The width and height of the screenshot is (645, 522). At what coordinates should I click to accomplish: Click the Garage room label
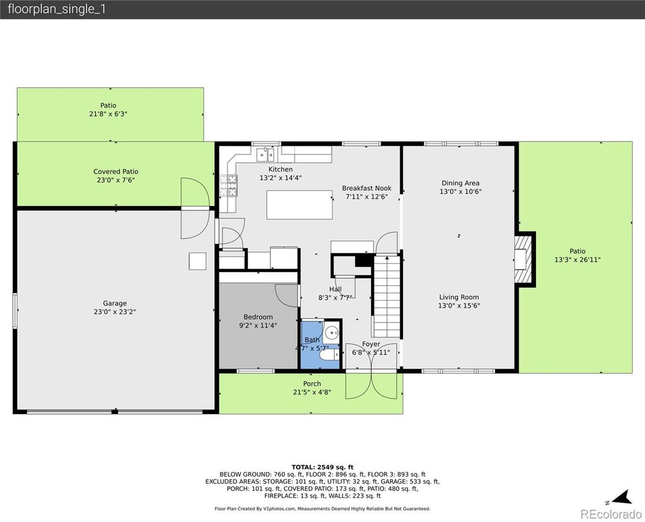tap(114, 303)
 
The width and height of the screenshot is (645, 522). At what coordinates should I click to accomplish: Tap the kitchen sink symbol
tap(265, 155)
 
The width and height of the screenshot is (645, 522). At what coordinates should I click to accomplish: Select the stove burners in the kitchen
tap(228, 185)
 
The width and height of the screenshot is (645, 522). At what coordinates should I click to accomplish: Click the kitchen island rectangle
tap(300, 205)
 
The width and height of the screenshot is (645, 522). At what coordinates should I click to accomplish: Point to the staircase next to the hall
tap(387, 297)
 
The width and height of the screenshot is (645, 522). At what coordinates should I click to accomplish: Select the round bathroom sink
tap(332, 332)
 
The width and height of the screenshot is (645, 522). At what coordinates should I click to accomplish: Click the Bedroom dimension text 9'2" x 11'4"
tap(258, 325)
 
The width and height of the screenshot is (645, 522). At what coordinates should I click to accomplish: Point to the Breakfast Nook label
tap(367, 188)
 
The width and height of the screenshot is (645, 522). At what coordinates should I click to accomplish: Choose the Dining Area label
tap(460, 183)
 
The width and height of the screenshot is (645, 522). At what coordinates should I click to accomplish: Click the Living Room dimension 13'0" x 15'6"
tap(459, 305)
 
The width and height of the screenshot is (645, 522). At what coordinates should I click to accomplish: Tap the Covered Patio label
tap(116, 171)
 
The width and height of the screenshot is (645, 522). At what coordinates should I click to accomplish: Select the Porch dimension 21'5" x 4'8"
tap(312, 392)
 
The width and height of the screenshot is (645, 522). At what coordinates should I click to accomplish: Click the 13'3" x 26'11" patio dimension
tap(578, 260)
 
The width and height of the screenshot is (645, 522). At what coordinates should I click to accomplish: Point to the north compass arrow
tap(621, 498)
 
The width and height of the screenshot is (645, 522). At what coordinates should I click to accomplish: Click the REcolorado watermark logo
tap(611, 514)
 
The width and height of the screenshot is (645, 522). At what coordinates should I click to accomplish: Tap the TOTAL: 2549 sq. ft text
tap(322, 467)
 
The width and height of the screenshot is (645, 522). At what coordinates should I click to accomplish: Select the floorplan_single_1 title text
tap(56, 10)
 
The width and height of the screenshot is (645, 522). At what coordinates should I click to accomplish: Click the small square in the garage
tap(197, 261)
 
